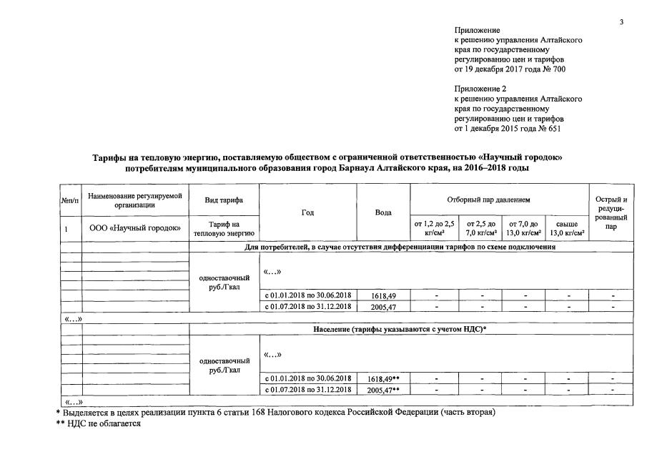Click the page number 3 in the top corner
(x=621, y=22)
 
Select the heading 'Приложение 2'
(x=479, y=89)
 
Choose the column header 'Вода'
(x=382, y=212)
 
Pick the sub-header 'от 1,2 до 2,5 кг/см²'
(x=434, y=228)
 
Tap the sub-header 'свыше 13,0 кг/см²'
(x=566, y=228)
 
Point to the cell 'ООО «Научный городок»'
(x=135, y=228)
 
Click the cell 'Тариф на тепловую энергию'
(x=224, y=228)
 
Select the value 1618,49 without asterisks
(x=382, y=295)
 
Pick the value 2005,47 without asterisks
(x=382, y=306)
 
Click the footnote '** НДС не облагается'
(x=99, y=424)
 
